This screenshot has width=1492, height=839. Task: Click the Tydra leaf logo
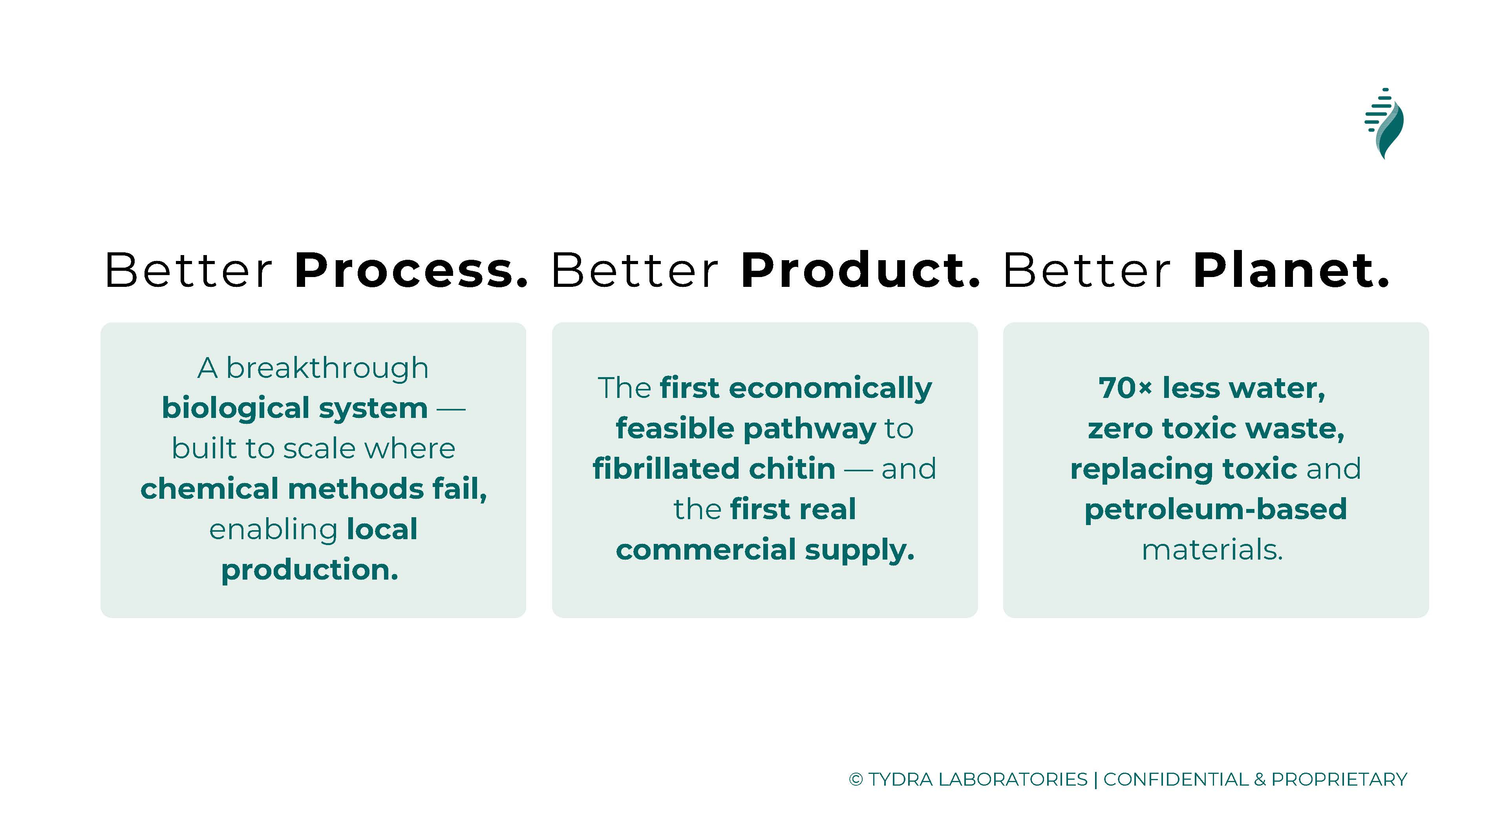pyautogui.click(x=1384, y=123)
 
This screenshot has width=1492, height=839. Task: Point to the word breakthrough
pyautogui.click(x=327, y=368)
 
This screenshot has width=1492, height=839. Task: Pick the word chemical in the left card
pyautogui.click(x=210, y=489)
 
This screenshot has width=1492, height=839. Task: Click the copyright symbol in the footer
pyautogui.click(x=856, y=779)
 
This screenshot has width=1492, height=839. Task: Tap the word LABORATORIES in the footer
pyautogui.click(x=1013, y=779)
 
